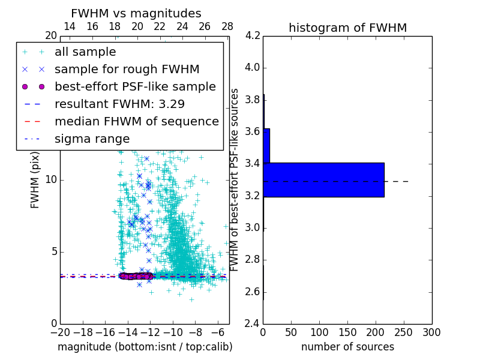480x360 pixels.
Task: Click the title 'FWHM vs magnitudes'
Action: click(x=136, y=14)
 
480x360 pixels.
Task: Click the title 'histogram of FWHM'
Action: click(x=347, y=28)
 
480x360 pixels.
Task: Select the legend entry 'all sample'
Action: click(x=85, y=52)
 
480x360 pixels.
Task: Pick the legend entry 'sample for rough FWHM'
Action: click(x=127, y=69)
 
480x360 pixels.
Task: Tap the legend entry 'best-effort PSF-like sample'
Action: click(x=135, y=86)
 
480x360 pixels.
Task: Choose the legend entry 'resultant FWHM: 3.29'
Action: click(x=119, y=104)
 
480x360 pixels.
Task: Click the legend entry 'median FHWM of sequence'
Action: click(x=136, y=121)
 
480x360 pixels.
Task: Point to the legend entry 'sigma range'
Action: click(x=92, y=139)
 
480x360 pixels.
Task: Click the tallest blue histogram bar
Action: click(x=323, y=179)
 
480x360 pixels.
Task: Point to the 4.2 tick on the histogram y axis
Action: click(x=253, y=36)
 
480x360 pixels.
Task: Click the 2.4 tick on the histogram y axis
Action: click(x=253, y=323)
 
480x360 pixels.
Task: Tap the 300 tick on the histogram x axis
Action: click(x=431, y=332)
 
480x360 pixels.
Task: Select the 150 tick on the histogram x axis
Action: click(x=347, y=332)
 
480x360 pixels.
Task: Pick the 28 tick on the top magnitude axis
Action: click(x=227, y=26)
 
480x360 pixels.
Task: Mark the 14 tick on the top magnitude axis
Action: click(x=70, y=26)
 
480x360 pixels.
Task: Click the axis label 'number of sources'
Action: click(x=347, y=347)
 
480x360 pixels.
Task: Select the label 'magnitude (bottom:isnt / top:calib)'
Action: click(x=145, y=347)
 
